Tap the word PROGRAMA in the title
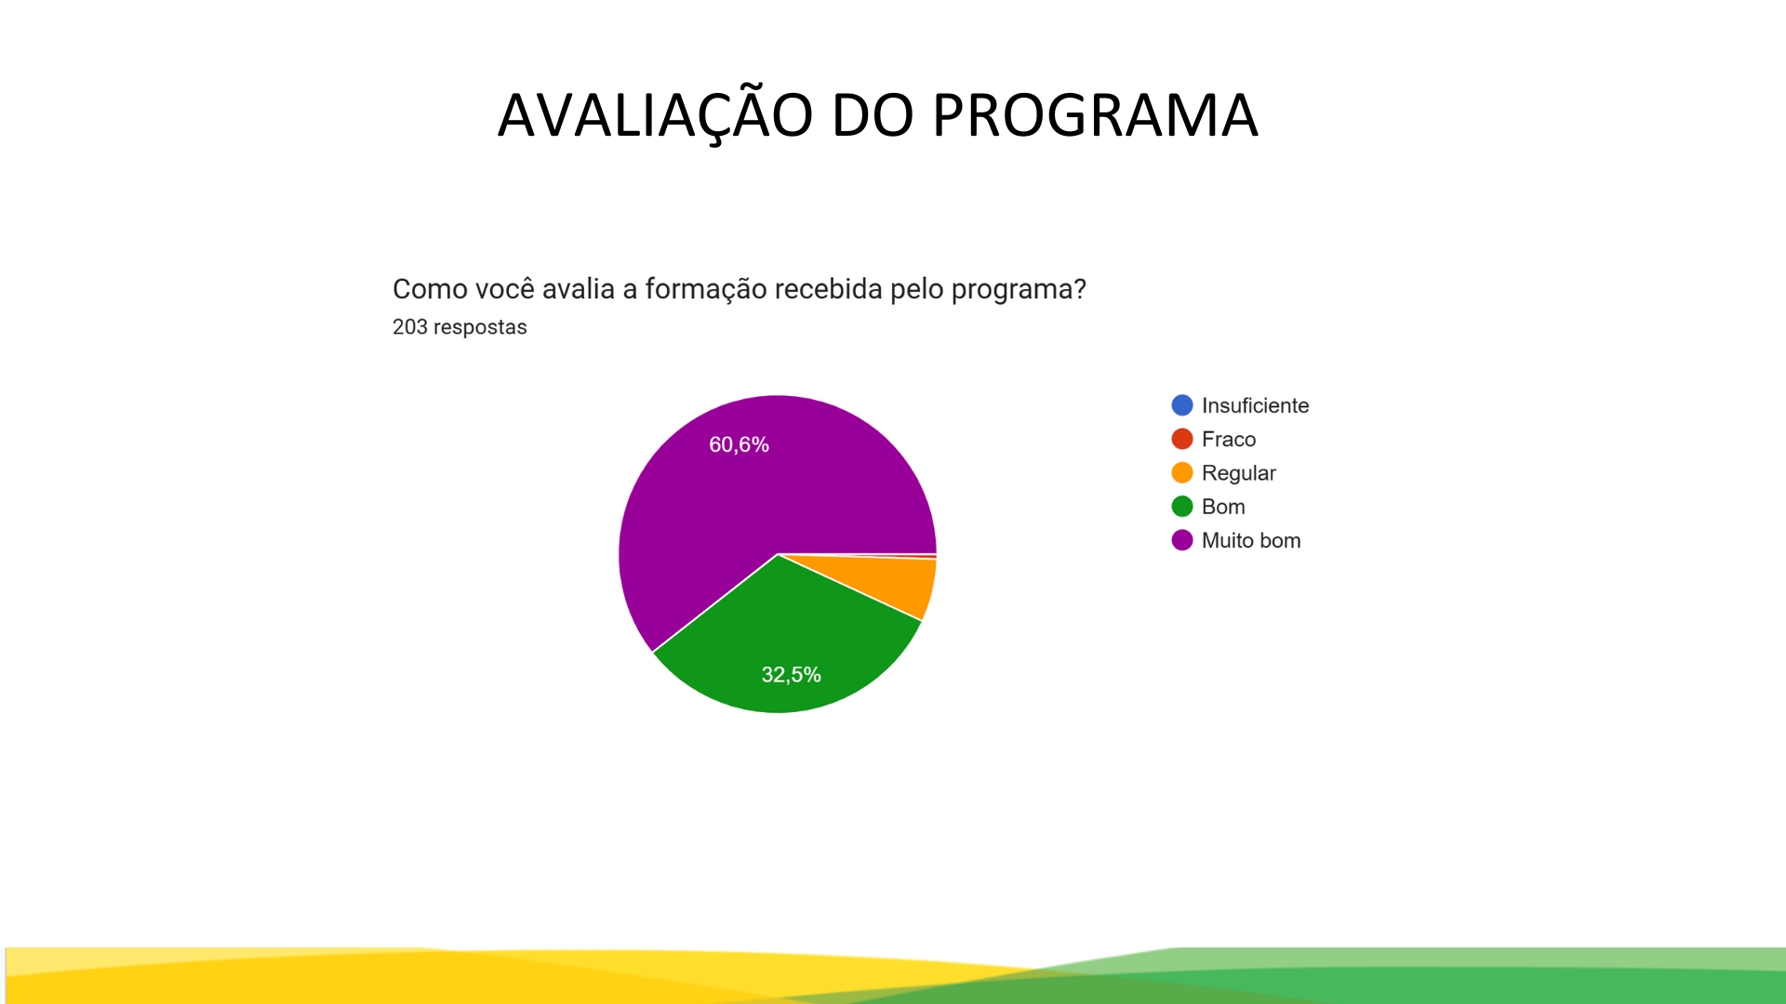coord(1095,115)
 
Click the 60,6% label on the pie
coord(739,444)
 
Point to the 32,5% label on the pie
coord(791,674)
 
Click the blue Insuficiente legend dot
coord(1182,405)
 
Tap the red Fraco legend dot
coord(1182,439)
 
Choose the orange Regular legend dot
coord(1182,472)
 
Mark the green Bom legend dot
coord(1182,507)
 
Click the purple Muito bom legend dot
coord(1182,540)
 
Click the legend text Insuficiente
coord(1255,405)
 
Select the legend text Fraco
coord(1229,439)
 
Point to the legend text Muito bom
coord(1251,540)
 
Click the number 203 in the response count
coord(410,327)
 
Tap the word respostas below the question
coord(480,328)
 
